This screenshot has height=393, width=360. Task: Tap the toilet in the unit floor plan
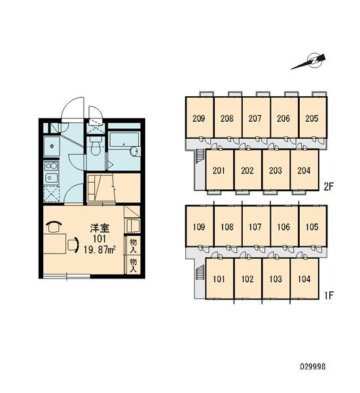pos(95,145)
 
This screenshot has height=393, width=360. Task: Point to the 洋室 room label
pos(99,229)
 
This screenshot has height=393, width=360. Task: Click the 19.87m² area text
pos(99,250)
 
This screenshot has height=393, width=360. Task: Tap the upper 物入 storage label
pos(134,246)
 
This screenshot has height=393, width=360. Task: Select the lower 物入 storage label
pos(134,265)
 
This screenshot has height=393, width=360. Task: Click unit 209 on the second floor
pos(199,118)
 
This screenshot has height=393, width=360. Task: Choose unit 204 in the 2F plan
pos(304,170)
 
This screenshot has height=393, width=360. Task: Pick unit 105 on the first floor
pos(312,227)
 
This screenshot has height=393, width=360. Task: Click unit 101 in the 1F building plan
pos(219,279)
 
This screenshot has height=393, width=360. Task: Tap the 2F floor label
pos(329,187)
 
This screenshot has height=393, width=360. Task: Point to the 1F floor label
pos(329,295)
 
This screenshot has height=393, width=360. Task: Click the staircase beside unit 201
pos(200,156)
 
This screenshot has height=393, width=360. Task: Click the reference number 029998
pos(313,367)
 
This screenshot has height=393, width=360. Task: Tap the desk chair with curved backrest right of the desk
pos(73,244)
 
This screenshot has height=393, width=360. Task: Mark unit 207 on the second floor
pos(255,118)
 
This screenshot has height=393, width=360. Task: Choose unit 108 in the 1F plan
pos(227,227)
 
